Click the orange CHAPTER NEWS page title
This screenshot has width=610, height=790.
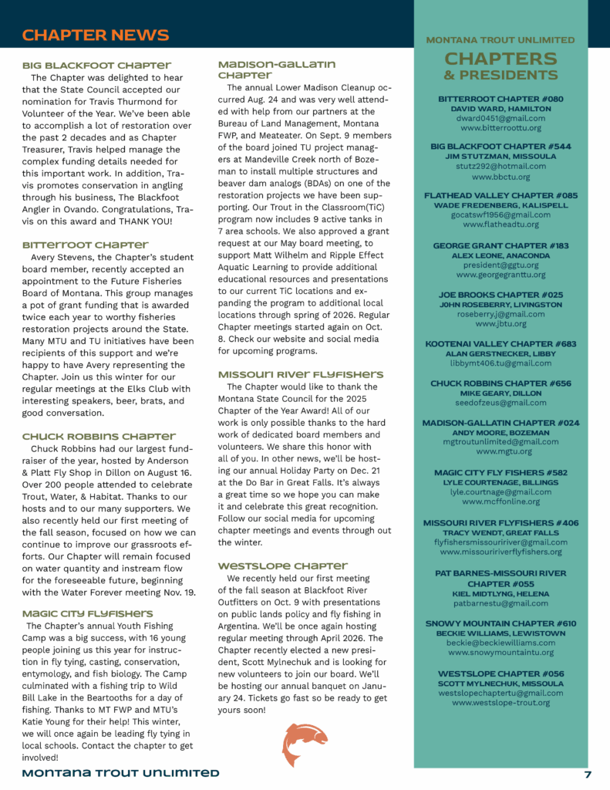click(x=96, y=35)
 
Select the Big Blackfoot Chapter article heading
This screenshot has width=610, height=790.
click(x=96, y=65)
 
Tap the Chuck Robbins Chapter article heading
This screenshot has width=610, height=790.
click(x=99, y=437)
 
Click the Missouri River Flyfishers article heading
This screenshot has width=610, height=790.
click(x=300, y=374)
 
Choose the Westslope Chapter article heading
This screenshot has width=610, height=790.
click(x=276, y=565)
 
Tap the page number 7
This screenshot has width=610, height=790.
click(x=588, y=775)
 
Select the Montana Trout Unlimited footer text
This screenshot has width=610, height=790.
click(x=120, y=773)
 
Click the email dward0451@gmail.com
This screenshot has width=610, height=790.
click(x=500, y=120)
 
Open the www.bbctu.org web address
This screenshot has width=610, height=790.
click(x=500, y=177)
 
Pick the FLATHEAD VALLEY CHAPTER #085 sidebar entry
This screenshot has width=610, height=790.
click(x=500, y=196)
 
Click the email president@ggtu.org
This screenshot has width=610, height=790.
click(x=500, y=265)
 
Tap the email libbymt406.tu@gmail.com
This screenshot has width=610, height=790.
click(x=500, y=363)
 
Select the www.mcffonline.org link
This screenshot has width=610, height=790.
click(x=500, y=501)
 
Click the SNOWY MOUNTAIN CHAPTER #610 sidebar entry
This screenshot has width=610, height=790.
click(x=500, y=623)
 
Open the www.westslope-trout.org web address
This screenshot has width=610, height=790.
click(x=500, y=702)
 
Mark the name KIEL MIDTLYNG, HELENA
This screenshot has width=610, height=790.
click(x=500, y=593)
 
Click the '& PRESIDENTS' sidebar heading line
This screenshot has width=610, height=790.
click(x=500, y=75)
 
